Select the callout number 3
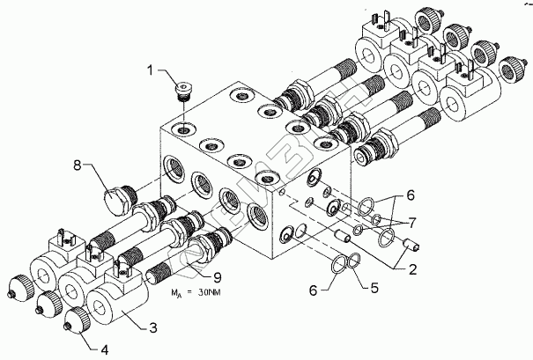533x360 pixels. pyautogui.click(x=152, y=327)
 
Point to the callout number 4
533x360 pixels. pyautogui.click(x=105, y=350)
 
